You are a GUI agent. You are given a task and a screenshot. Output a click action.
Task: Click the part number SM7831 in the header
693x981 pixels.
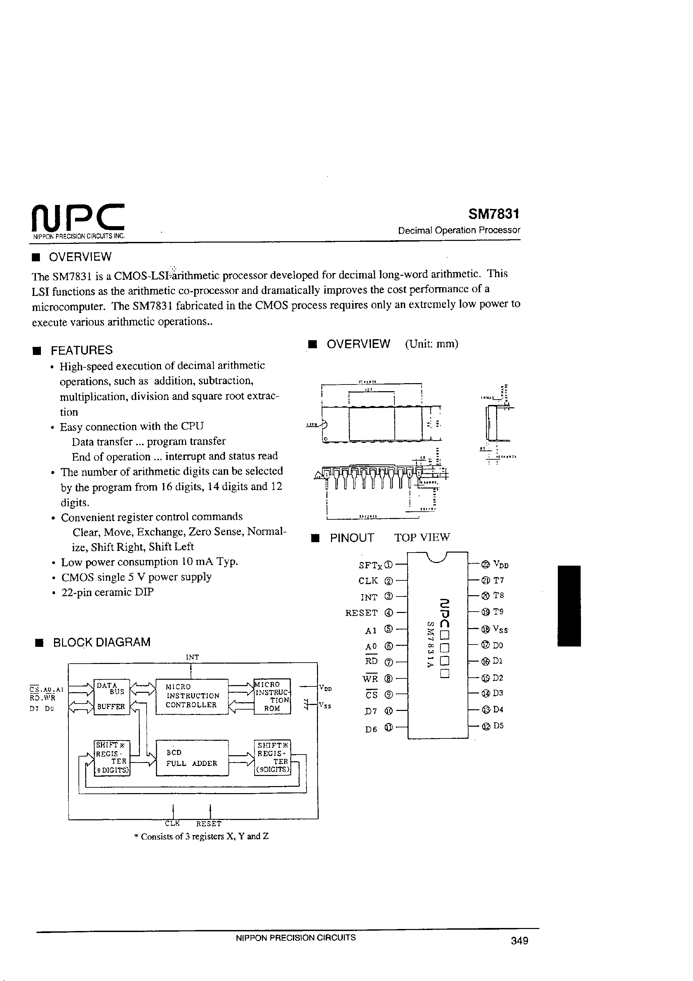pos(493,214)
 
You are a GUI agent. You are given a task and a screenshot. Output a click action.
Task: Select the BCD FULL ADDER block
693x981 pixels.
pos(192,758)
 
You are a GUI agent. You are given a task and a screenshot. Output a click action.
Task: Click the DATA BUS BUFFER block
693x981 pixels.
pos(111,696)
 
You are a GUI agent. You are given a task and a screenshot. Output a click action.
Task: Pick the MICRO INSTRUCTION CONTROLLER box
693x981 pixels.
pos(192,696)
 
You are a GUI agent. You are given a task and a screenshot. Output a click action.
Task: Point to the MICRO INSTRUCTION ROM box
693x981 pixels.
pos(272,696)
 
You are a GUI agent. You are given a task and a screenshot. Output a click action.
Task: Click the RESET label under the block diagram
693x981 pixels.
pos(209,823)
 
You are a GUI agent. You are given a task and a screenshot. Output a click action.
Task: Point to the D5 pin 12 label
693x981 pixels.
pos(498,725)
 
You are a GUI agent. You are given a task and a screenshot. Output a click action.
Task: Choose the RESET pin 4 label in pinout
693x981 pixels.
pos(362,613)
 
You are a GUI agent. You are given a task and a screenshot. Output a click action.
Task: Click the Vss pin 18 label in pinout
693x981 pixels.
pos(500,629)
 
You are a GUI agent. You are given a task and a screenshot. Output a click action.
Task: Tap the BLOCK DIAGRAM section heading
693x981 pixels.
pos(101,642)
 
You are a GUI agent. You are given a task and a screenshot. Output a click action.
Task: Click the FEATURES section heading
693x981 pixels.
pos(81,350)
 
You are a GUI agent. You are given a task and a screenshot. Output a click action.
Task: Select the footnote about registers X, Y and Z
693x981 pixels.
pos(201,836)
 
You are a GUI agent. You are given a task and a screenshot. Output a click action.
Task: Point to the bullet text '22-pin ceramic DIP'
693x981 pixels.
pos(107,592)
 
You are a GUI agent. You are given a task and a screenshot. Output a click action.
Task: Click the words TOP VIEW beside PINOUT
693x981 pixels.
pos(422,537)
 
